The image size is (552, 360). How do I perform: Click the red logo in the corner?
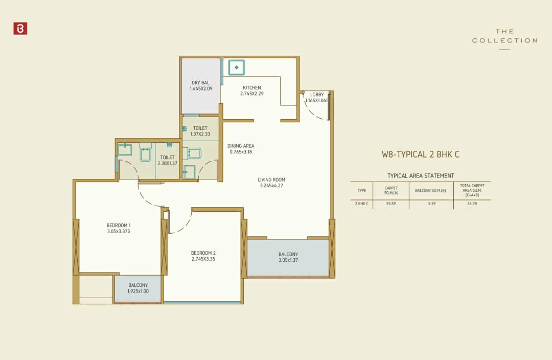(20, 29)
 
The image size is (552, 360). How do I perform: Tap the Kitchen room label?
(252, 88)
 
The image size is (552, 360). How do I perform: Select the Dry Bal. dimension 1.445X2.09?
(201, 89)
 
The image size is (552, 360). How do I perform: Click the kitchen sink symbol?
(236, 67)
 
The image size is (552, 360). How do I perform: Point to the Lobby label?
(317, 94)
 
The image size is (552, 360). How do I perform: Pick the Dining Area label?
(241, 146)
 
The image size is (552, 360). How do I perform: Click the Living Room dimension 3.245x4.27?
(271, 186)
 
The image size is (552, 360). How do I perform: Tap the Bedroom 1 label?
(119, 225)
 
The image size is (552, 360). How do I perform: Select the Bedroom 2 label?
(203, 253)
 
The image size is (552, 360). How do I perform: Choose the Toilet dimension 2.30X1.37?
(167, 164)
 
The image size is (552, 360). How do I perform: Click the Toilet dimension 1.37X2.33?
(200, 134)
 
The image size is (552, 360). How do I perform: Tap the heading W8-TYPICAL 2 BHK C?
(421, 154)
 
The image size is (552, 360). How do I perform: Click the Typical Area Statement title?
(421, 176)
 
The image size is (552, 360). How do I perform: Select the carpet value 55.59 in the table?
(390, 204)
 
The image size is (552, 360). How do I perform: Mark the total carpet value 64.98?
(472, 204)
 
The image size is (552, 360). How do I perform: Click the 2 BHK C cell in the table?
(362, 204)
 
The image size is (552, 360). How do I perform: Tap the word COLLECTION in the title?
(504, 40)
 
